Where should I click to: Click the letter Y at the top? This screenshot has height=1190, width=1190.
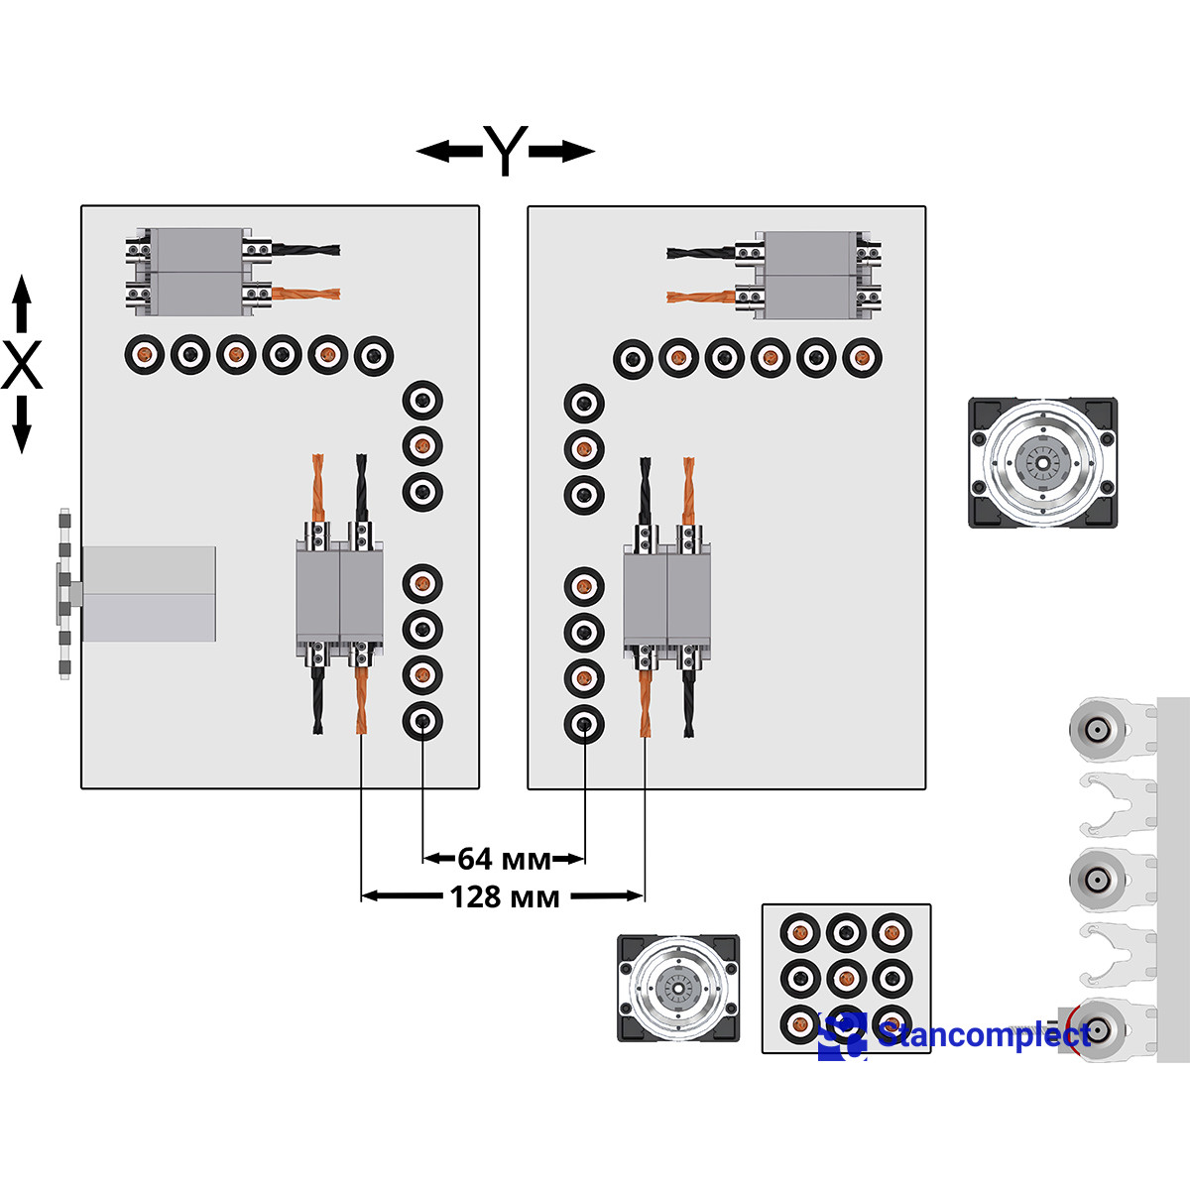pos(506,151)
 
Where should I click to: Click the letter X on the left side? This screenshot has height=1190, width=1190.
pos(22,365)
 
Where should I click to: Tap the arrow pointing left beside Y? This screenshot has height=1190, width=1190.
pos(448,152)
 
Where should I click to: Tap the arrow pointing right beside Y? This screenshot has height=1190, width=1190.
pos(562,152)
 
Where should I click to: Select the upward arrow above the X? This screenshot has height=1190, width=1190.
pos(22,302)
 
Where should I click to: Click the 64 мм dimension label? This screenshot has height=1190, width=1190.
pos(504,858)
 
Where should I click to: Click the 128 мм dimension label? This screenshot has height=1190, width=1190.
pos(505,896)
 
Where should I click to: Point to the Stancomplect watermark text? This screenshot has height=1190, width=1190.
pos(982,1034)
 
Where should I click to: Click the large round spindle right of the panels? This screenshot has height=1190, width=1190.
pos(1042,462)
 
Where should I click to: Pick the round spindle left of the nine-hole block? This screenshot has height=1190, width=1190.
pos(678,988)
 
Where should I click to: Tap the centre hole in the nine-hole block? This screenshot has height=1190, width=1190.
pos(846,979)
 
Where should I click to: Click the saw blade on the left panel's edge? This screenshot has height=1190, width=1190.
pos(64,593)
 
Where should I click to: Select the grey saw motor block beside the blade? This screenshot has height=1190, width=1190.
pos(149,593)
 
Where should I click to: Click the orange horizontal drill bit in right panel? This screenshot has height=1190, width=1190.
pos(701,296)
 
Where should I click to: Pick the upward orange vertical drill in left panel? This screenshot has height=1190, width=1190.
pos(318,486)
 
